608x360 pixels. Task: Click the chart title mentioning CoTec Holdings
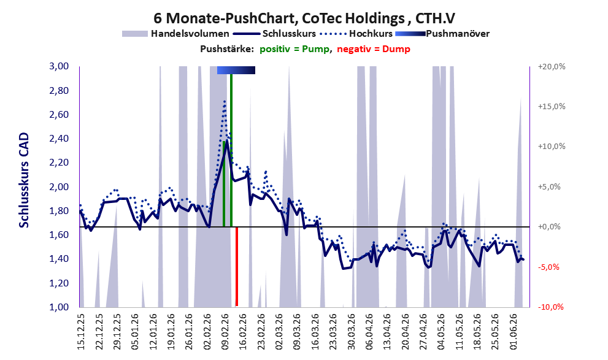point(304,18)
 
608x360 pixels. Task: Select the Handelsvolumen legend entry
point(175,34)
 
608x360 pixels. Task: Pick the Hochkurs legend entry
point(356,34)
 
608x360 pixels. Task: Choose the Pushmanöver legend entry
point(442,34)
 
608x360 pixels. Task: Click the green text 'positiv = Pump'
point(294,49)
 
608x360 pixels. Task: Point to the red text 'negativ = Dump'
point(374,49)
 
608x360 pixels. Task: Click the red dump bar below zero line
point(237,267)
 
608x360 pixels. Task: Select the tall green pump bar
point(231,150)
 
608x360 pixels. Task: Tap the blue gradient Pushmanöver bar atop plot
point(236,70)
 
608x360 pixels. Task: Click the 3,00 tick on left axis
point(59,66)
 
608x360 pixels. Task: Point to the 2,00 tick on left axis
point(59,187)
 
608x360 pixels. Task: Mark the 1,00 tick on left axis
point(59,307)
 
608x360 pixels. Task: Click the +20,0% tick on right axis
point(552,67)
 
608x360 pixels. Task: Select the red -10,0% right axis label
point(550,307)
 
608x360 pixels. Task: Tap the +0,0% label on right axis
point(550,227)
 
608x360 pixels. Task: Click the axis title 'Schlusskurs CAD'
point(24,180)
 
